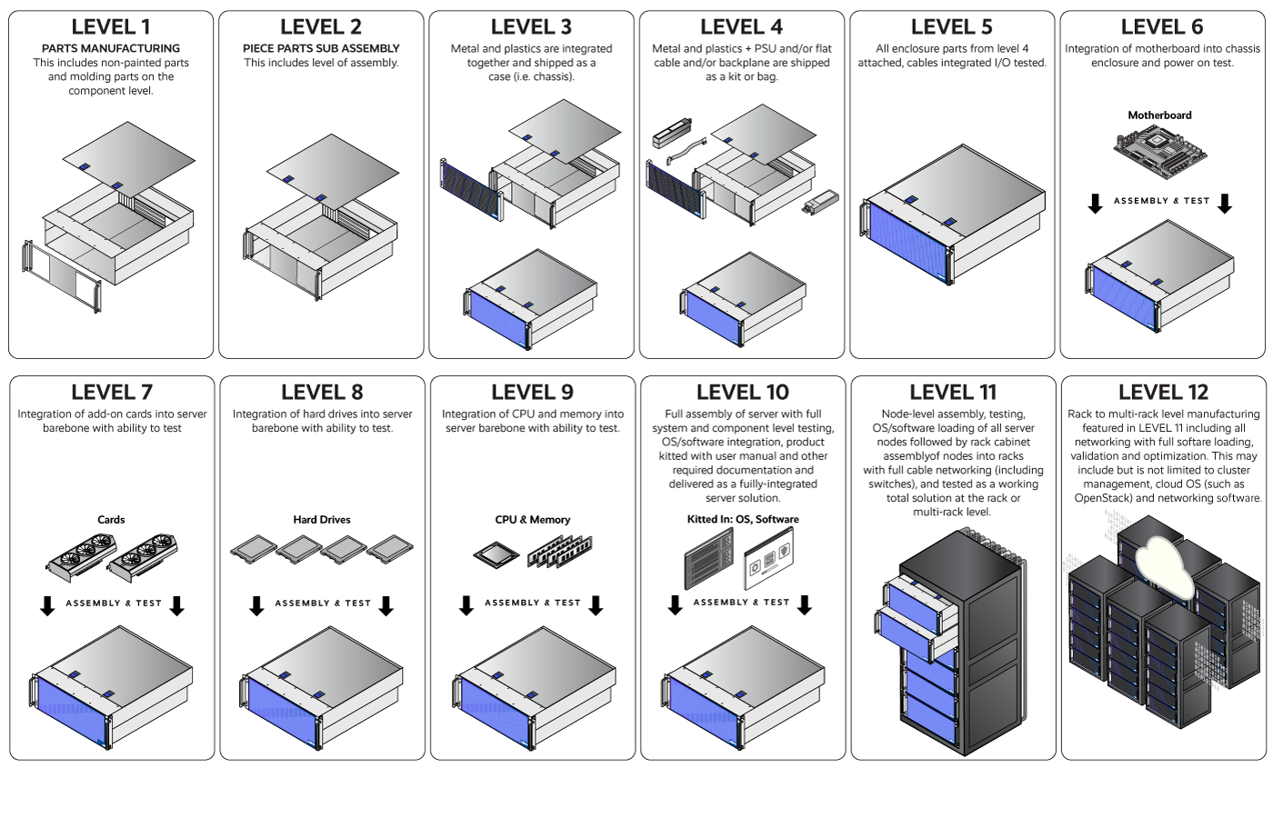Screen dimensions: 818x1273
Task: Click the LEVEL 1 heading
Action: click(x=111, y=27)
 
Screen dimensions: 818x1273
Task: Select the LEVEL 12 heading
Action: click(x=1163, y=393)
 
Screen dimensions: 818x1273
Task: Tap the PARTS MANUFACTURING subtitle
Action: click(x=111, y=48)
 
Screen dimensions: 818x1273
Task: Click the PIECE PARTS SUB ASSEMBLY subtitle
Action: click(x=321, y=48)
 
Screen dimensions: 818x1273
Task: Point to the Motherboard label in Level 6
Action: click(x=1159, y=115)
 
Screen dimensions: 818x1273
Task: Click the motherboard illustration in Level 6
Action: click(x=1159, y=150)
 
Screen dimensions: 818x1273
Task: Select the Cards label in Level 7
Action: click(x=111, y=520)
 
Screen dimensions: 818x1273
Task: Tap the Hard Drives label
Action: click(x=321, y=520)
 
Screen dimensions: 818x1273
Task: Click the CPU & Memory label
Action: click(x=532, y=520)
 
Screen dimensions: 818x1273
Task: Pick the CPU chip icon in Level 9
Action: click(x=496, y=553)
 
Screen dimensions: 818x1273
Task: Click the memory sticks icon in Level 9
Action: click(x=558, y=551)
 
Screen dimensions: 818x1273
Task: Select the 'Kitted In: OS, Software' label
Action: click(x=743, y=520)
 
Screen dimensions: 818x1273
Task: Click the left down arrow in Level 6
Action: click(x=1095, y=204)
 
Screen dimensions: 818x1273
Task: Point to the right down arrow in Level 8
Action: click(x=386, y=605)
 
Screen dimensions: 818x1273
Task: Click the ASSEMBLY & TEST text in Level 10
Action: click(x=741, y=603)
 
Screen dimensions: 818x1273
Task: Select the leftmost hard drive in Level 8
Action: click(x=253, y=548)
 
